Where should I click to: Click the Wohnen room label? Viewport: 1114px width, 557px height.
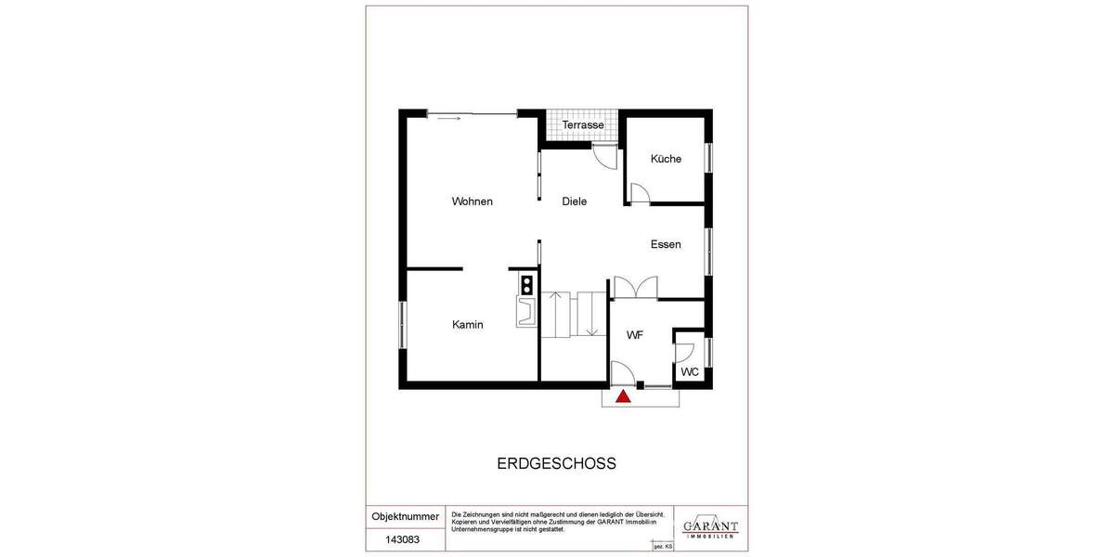pyautogui.click(x=472, y=201)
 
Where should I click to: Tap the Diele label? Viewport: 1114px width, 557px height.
pyautogui.click(x=575, y=201)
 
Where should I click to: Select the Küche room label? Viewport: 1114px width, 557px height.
pyautogui.click(x=666, y=159)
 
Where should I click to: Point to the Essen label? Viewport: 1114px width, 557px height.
pyautogui.click(x=666, y=244)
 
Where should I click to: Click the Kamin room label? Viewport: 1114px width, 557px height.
pyautogui.click(x=468, y=324)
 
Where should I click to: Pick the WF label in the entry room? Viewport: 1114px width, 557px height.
pyautogui.click(x=635, y=334)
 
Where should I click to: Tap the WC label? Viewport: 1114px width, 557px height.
pyautogui.click(x=690, y=372)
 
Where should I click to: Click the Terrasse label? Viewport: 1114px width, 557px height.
pyautogui.click(x=583, y=124)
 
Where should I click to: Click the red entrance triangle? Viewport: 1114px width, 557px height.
pyautogui.click(x=624, y=396)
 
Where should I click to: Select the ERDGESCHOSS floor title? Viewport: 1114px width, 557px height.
pyautogui.click(x=557, y=463)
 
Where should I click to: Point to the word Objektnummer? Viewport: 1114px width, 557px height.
pyautogui.click(x=405, y=516)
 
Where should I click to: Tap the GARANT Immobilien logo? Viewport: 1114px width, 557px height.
pyautogui.click(x=710, y=527)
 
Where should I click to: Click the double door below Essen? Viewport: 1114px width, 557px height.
pyautogui.click(x=636, y=287)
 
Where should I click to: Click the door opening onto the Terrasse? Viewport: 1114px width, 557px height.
pyautogui.click(x=604, y=157)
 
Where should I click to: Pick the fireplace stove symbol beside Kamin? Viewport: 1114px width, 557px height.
pyautogui.click(x=526, y=296)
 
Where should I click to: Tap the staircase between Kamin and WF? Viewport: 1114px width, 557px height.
pyautogui.click(x=573, y=315)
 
